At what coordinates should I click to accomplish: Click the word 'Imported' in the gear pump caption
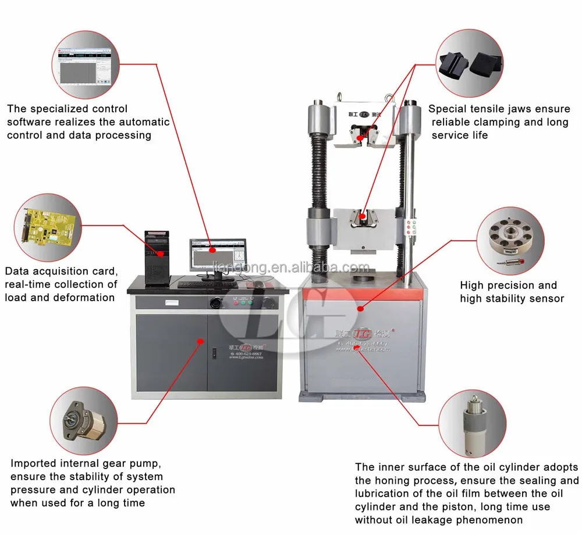point(33,463)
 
